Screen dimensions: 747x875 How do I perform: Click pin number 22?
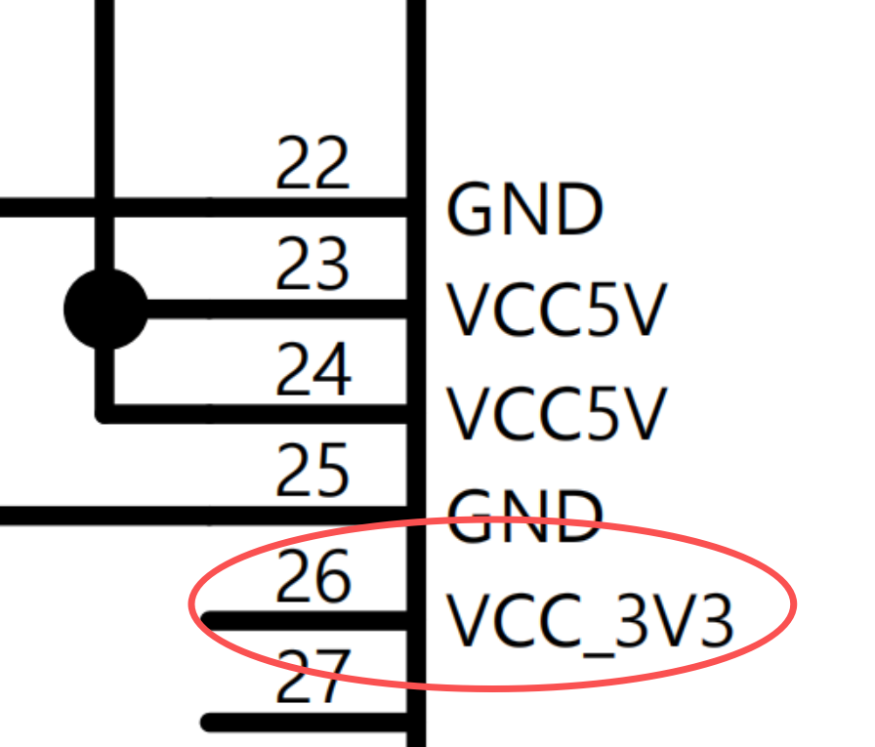pyautogui.click(x=312, y=164)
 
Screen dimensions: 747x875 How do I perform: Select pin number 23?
pyautogui.click(x=312, y=266)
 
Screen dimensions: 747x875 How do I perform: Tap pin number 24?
pyautogui.click(x=312, y=370)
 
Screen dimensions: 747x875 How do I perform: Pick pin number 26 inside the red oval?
pyautogui.click(x=312, y=577)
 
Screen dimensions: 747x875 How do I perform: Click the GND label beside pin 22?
pyautogui.click(x=524, y=209)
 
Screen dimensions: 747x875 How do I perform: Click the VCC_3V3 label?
pyautogui.click(x=589, y=621)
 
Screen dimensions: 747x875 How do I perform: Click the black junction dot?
pyautogui.click(x=105, y=310)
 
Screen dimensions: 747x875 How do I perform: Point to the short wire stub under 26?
pyautogui.click(x=303, y=620)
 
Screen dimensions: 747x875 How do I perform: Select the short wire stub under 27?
pyautogui.click(x=303, y=723)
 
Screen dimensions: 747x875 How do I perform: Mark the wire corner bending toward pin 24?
pyautogui.click(x=105, y=413)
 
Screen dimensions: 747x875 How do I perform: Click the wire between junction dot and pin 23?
pyautogui.click(x=273, y=310)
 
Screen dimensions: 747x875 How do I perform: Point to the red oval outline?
pyautogui.click(x=793, y=605)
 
